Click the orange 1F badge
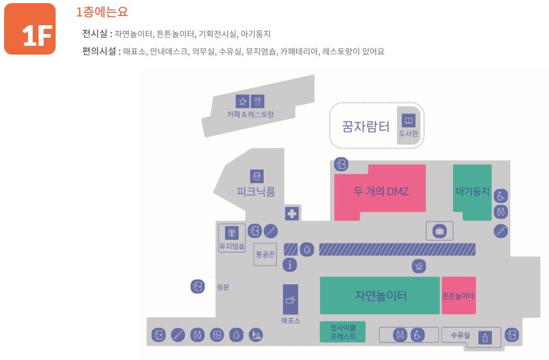(30, 29)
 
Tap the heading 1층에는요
(102, 12)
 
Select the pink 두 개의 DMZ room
(381, 192)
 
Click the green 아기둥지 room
(472, 191)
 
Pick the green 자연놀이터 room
(380, 296)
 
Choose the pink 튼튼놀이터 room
(458, 296)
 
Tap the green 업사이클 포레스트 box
(342, 332)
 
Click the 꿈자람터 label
(366, 126)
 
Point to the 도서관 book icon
(408, 122)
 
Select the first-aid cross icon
(292, 213)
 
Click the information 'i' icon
(290, 265)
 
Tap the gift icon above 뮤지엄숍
(231, 233)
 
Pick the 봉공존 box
(265, 254)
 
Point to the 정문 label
(223, 287)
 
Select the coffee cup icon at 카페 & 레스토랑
(243, 101)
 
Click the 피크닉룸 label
(256, 192)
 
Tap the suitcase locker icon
(439, 231)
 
